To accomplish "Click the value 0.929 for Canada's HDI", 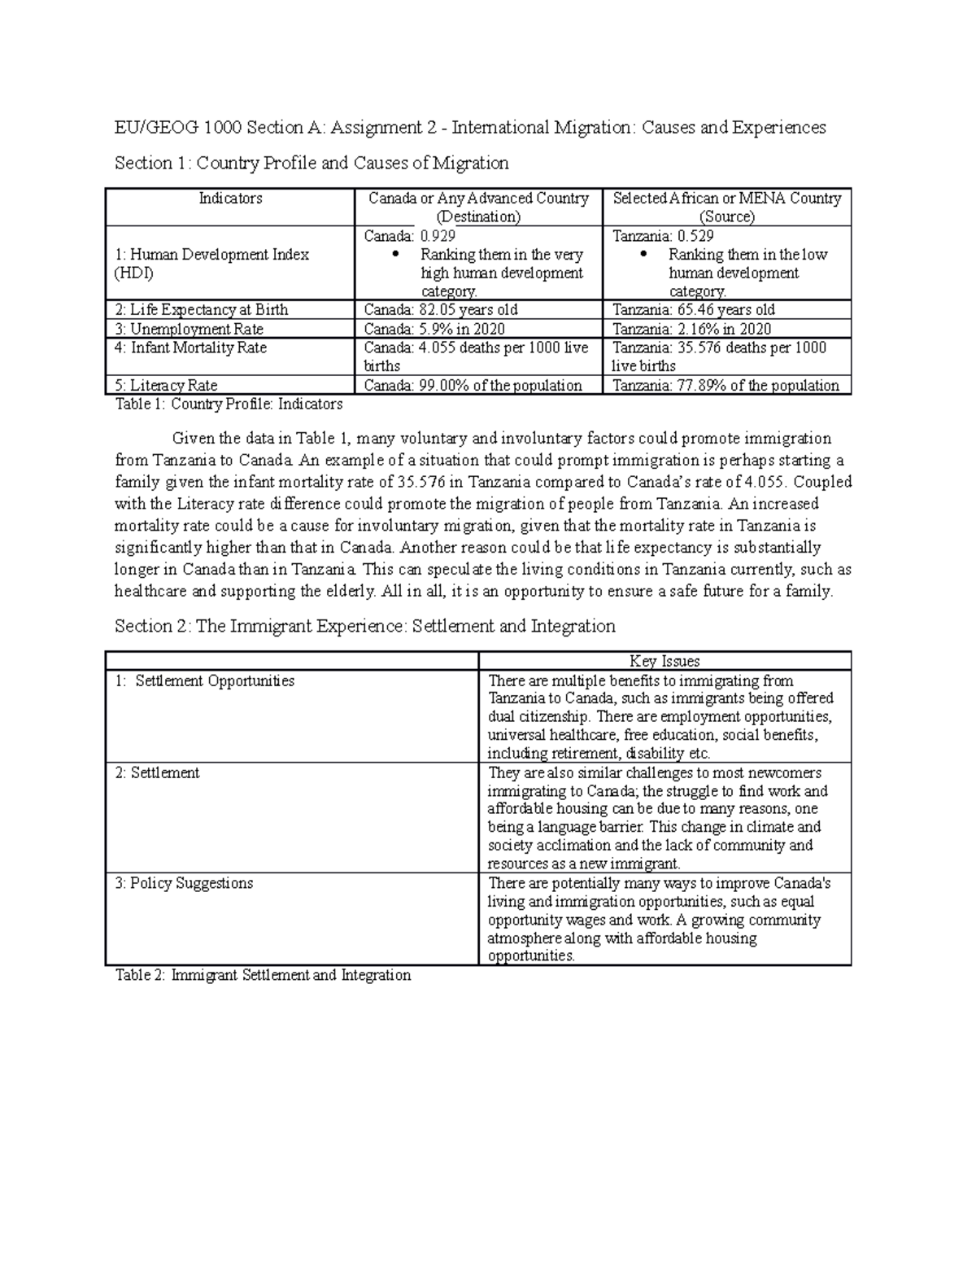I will pyautogui.click(x=437, y=236).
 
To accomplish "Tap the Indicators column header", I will pyautogui.click(x=231, y=199).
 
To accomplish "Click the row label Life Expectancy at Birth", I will pyautogui.click(x=202, y=310).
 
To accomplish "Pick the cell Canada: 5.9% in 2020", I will pyautogui.click(x=434, y=329).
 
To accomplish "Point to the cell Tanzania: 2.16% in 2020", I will pyautogui.click(x=691, y=329).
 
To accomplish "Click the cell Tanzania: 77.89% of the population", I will pyautogui.click(x=725, y=386).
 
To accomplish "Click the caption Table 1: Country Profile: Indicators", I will pyautogui.click(x=229, y=405).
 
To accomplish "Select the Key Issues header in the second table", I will pyautogui.click(x=664, y=662).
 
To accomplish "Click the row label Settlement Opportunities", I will pyautogui.click(x=205, y=680).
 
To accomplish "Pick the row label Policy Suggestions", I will pyautogui.click(x=184, y=883).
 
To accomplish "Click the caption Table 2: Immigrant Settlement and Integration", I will pyautogui.click(x=263, y=975).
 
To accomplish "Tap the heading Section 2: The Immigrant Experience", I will pyautogui.click(x=364, y=626).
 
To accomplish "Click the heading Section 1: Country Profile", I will pyautogui.click(x=312, y=164).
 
